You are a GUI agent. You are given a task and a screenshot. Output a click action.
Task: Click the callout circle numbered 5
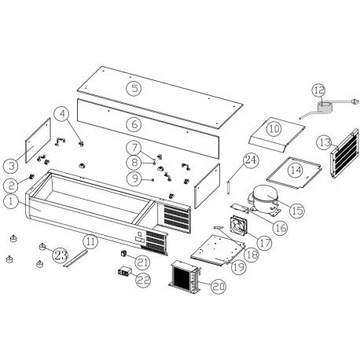point(135,88)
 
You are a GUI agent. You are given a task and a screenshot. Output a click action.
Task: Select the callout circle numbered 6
point(135,124)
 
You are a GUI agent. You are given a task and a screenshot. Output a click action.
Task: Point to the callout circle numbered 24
point(250,160)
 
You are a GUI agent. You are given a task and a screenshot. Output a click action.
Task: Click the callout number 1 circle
point(9,202)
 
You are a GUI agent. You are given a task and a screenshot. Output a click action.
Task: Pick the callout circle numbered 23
point(61,253)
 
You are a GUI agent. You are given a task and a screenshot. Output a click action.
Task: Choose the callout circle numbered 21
point(142,261)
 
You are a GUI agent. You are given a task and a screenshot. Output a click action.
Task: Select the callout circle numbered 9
point(136,178)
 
